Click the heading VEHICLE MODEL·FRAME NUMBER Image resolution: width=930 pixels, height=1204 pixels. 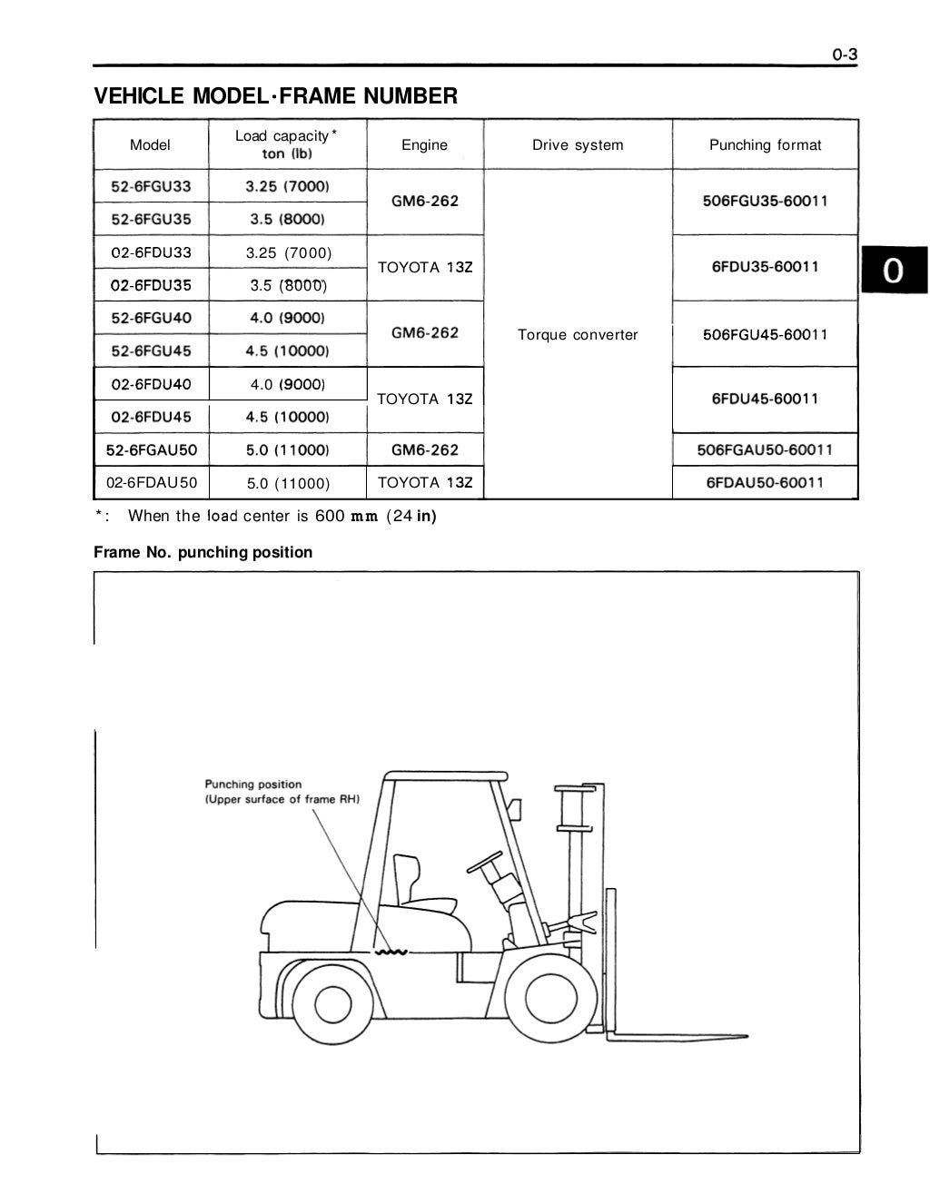click(x=276, y=95)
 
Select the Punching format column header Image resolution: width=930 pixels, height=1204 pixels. click(x=765, y=144)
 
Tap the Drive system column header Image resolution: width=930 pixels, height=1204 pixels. click(x=578, y=144)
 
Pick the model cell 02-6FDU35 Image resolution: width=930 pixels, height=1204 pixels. click(x=151, y=285)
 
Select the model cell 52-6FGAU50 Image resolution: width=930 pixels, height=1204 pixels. click(x=151, y=449)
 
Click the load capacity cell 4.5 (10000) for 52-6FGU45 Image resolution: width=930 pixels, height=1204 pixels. click(x=287, y=350)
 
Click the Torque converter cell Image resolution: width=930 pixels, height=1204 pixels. click(x=578, y=334)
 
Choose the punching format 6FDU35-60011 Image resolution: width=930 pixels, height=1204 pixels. click(x=765, y=267)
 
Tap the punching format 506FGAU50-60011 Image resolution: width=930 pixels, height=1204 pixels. click(x=765, y=449)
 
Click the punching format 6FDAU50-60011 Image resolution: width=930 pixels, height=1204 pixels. click(x=765, y=482)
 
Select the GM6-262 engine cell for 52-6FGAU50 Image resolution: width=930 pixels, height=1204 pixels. click(x=424, y=449)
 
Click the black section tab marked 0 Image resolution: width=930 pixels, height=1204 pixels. click(x=894, y=271)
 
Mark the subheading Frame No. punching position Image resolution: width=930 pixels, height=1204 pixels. click(x=203, y=552)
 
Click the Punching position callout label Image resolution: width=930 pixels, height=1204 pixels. click(x=282, y=792)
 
